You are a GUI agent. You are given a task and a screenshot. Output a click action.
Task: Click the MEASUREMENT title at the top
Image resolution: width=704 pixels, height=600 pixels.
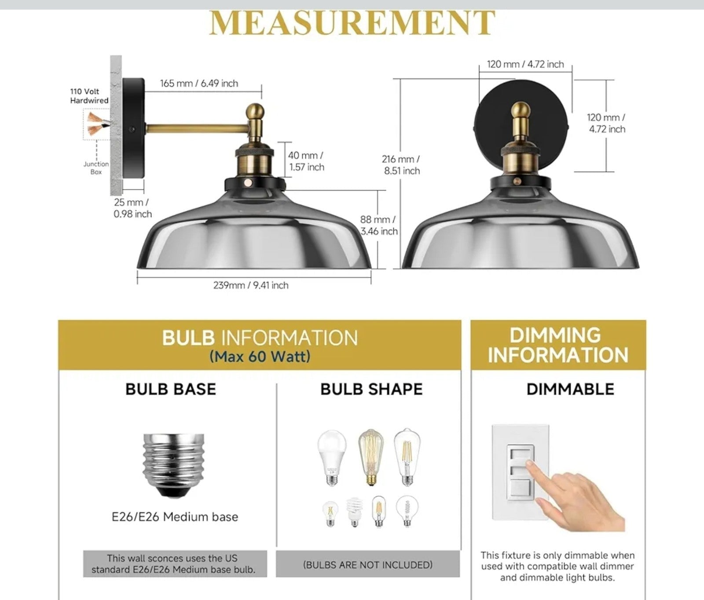[x=352, y=23]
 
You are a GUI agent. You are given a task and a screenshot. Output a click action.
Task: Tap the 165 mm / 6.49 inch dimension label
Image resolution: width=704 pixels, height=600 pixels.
[x=199, y=83]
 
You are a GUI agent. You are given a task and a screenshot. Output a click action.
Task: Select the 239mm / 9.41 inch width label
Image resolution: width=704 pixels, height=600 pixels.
[x=251, y=285]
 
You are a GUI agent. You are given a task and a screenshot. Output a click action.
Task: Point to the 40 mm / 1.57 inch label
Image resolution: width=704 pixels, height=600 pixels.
[x=306, y=161]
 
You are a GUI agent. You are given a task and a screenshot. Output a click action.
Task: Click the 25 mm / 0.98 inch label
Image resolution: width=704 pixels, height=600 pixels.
[x=132, y=208]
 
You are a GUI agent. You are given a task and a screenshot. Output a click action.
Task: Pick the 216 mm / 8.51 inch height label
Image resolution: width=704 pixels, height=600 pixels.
[x=401, y=165]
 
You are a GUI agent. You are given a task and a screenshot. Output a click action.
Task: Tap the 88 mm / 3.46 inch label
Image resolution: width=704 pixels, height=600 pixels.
[x=379, y=225]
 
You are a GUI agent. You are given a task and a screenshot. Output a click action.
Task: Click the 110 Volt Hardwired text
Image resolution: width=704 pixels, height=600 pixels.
[x=89, y=96]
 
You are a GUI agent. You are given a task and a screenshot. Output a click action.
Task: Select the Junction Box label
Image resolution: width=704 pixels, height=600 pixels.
[x=96, y=168]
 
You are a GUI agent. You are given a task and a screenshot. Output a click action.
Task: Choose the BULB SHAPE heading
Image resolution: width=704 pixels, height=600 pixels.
[x=371, y=389]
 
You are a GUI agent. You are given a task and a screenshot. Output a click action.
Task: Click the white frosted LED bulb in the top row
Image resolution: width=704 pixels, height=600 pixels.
[x=332, y=458]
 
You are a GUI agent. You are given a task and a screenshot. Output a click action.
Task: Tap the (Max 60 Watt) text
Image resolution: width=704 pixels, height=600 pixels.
[x=260, y=356]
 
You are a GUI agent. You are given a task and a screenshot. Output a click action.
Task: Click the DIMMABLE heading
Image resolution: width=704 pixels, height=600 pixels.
[x=570, y=389]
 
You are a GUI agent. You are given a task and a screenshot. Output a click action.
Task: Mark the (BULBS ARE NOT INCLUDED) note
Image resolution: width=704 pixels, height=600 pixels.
[x=368, y=565]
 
